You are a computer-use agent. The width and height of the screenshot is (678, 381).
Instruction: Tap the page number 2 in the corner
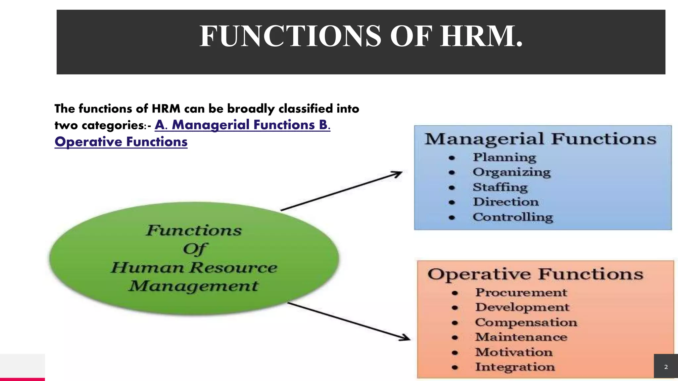(x=666, y=367)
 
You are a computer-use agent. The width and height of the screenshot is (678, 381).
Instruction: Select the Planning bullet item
(x=504, y=157)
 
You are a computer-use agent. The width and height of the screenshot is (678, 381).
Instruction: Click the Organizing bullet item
(x=511, y=172)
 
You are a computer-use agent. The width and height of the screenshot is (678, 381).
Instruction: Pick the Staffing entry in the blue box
(x=500, y=187)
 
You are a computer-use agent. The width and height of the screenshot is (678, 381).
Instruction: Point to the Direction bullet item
(x=506, y=202)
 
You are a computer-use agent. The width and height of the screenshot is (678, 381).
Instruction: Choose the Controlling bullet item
(x=513, y=217)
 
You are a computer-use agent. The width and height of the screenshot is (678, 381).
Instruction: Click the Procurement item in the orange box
(x=521, y=292)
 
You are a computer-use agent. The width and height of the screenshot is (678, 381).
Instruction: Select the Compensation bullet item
(x=526, y=322)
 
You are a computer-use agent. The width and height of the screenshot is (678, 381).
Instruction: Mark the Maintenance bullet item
(x=521, y=337)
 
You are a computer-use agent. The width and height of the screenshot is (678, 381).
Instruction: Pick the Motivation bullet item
(x=514, y=352)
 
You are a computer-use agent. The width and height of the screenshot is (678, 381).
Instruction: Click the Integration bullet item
(x=515, y=367)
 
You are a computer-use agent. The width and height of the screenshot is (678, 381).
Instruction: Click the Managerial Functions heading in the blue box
(x=540, y=139)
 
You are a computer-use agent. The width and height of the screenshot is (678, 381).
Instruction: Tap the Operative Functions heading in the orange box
(x=535, y=274)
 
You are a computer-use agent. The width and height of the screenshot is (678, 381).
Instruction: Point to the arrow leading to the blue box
(x=341, y=191)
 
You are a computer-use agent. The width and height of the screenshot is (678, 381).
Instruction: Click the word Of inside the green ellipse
(x=195, y=249)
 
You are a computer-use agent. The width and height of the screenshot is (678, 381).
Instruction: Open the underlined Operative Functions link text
(x=121, y=142)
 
